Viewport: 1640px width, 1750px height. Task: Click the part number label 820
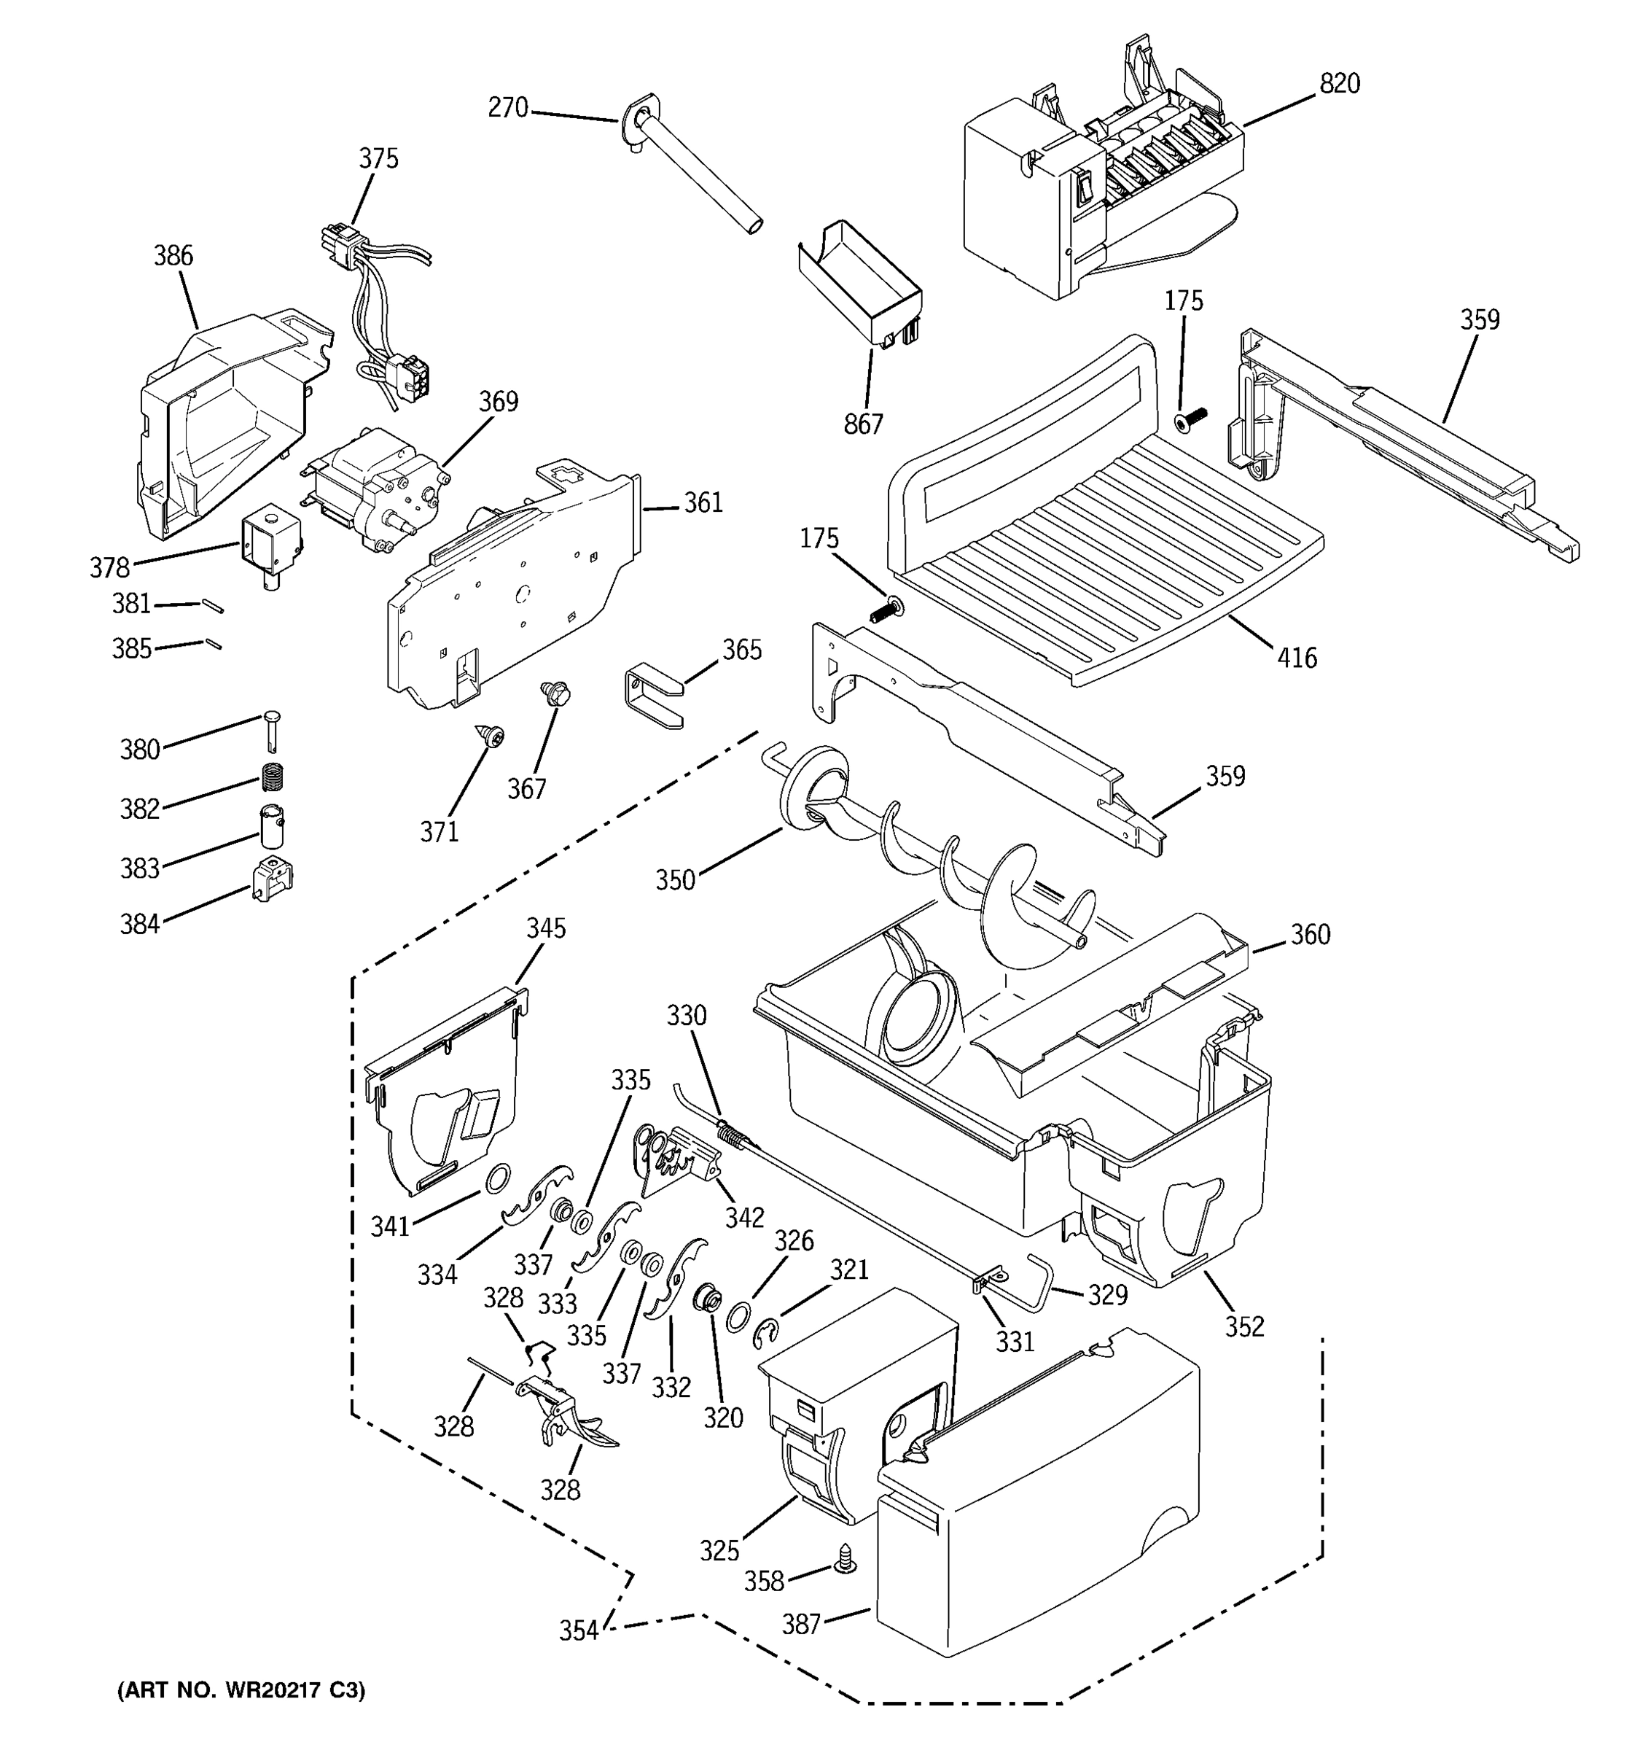[1339, 84]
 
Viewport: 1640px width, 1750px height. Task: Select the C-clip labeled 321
[766, 1334]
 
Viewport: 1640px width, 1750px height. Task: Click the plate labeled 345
[445, 1096]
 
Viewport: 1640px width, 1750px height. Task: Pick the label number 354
[578, 1630]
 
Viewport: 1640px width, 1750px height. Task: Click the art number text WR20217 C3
[241, 1690]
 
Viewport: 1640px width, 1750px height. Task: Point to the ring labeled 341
[498, 1177]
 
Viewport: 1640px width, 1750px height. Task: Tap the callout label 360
[1310, 934]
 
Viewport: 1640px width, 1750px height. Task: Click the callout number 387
[802, 1624]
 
